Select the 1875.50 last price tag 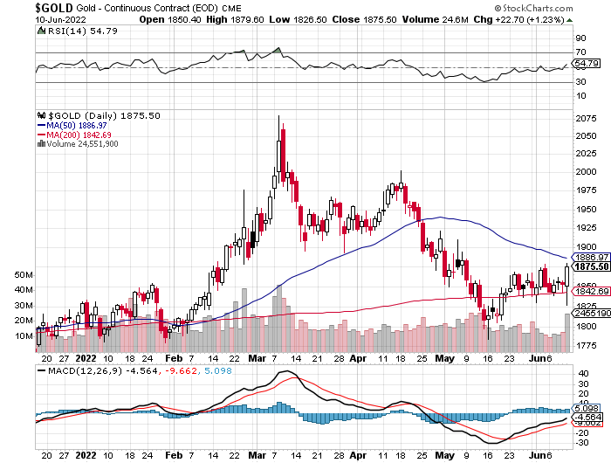tap(584, 268)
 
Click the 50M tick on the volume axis tap(24, 274)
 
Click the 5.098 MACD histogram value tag tap(584, 408)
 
